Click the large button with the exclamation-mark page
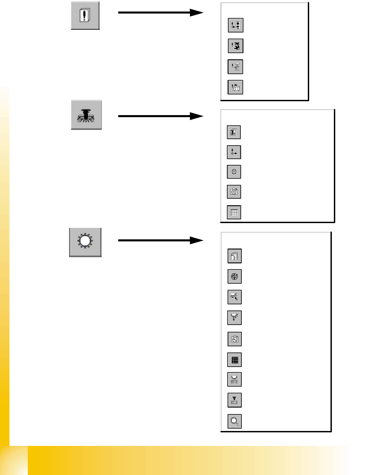point(85,16)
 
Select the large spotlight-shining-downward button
point(86,115)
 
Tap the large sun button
point(85,242)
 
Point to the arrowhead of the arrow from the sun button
point(197,240)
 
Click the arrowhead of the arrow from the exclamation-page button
point(197,13)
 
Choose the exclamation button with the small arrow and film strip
point(235,25)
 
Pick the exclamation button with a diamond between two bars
point(235,67)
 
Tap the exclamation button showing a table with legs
point(235,87)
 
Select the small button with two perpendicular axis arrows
point(234,152)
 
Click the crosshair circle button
point(234,172)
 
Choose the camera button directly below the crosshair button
point(234,192)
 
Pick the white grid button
point(234,212)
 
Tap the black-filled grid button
point(234,360)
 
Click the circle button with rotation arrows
point(234,276)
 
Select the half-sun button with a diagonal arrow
point(234,297)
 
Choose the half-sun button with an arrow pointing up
point(234,318)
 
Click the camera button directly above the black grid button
point(234,339)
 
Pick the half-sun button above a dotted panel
point(234,380)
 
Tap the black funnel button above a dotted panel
point(234,400)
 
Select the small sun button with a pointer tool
point(234,421)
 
